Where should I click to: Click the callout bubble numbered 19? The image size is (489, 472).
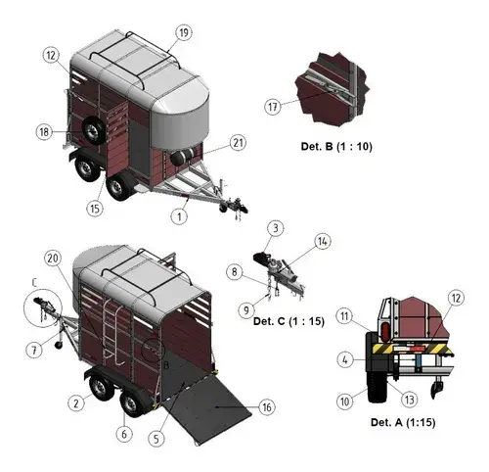pyautogui.click(x=184, y=33)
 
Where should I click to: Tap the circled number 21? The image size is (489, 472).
pyautogui.click(x=238, y=143)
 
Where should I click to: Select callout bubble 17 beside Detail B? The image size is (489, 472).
pyautogui.click(x=273, y=107)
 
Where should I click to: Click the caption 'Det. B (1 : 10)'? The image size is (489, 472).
pyautogui.click(x=336, y=146)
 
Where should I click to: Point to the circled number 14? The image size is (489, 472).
pyautogui.click(x=323, y=242)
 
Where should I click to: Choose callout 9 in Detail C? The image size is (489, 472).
pyautogui.click(x=246, y=310)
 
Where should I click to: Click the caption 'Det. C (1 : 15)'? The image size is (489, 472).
pyautogui.click(x=289, y=321)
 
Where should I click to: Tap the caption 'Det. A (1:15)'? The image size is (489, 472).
pyautogui.click(x=403, y=422)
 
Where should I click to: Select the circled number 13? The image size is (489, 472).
pyautogui.click(x=410, y=400)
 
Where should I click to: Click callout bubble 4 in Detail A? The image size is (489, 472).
pyautogui.click(x=345, y=360)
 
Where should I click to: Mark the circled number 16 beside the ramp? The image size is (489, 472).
pyautogui.click(x=267, y=407)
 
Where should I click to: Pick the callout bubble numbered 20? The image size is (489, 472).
pyautogui.click(x=53, y=259)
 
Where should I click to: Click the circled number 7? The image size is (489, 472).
pyautogui.click(x=34, y=351)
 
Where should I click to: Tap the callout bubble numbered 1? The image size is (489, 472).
pyautogui.click(x=179, y=216)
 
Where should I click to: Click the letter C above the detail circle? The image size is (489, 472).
pyautogui.click(x=35, y=283)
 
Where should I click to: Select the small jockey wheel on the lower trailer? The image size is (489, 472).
pyautogui.click(x=59, y=345)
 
